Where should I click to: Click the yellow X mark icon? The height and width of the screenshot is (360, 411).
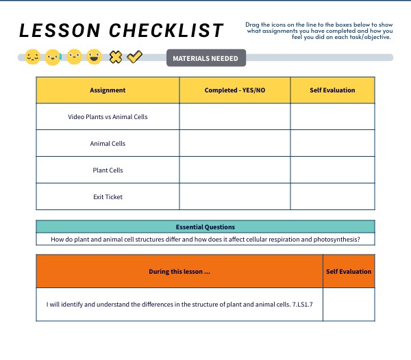[116, 57]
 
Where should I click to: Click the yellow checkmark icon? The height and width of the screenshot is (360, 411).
[135, 57]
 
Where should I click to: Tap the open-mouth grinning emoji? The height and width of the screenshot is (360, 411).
[95, 57]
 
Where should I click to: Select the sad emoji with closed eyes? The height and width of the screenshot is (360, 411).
[32, 57]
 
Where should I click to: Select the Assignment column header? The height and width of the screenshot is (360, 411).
[108, 90]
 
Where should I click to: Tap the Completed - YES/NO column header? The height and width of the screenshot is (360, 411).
[234, 90]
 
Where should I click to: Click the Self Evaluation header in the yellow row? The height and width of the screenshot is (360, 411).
[332, 90]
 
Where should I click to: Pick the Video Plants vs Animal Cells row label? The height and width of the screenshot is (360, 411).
[108, 117]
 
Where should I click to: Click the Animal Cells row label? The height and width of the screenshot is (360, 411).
[108, 144]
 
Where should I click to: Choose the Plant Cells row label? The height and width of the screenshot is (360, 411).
[108, 170]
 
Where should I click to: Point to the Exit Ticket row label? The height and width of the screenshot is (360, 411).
[108, 197]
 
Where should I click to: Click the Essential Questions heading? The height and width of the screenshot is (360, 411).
[206, 227]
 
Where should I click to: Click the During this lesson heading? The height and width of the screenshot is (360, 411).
[179, 272]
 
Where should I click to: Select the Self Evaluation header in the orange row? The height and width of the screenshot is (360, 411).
[349, 272]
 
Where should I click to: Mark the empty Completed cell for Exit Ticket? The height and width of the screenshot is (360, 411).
[234, 197]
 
